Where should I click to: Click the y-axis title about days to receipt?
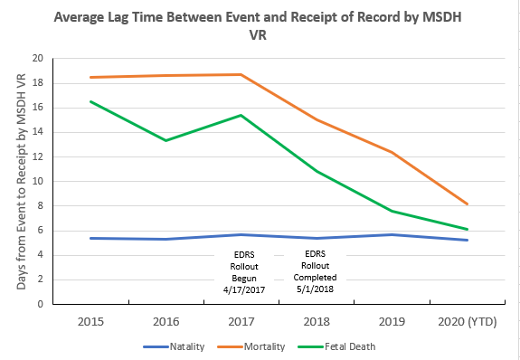click(22, 181)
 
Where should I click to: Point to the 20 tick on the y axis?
click(37, 58)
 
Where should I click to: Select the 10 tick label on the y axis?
click(37, 181)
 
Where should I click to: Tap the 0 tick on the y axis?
click(40, 304)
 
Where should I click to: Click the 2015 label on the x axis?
click(90, 320)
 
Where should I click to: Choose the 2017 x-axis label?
click(240, 320)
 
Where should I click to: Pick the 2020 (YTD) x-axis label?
click(465, 320)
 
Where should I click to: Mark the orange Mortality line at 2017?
click(240, 74)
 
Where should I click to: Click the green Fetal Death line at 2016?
click(165, 140)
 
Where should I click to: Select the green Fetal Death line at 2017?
click(240, 115)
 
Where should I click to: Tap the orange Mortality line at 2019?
click(390, 152)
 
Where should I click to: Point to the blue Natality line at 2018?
click(315, 238)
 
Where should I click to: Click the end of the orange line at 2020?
click(465, 204)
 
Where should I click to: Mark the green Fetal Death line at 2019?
click(390, 211)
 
